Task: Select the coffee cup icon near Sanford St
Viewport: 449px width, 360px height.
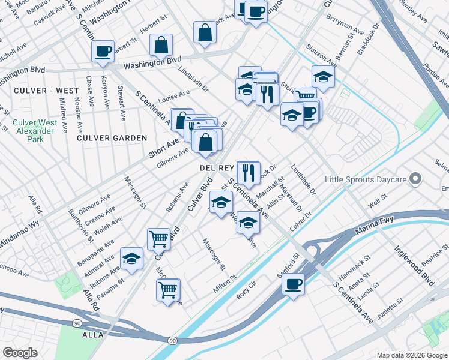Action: [293, 284]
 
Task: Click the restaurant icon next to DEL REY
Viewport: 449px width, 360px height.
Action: [248, 173]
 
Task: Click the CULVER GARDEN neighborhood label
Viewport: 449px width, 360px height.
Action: [112, 138]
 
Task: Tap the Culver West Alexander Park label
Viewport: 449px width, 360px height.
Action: [35, 131]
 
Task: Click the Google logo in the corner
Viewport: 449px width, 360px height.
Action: [20, 352]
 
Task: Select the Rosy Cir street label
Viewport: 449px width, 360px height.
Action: [250, 294]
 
